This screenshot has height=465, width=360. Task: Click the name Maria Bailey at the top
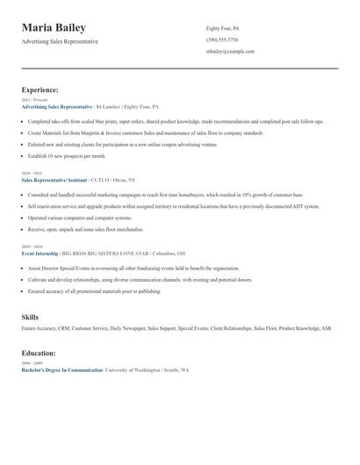60,27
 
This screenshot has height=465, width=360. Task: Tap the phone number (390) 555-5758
221,39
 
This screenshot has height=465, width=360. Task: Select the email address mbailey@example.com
230,51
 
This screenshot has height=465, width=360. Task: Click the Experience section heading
40,89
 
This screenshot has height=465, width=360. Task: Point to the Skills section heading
30,314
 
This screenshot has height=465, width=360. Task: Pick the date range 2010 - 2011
31,174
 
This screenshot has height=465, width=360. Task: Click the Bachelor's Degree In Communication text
62,369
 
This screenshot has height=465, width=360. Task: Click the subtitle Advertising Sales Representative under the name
60,41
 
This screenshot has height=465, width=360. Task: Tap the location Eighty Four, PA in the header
222,28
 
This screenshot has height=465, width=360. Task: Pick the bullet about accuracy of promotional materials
94,289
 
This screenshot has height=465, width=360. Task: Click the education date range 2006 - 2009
31,363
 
